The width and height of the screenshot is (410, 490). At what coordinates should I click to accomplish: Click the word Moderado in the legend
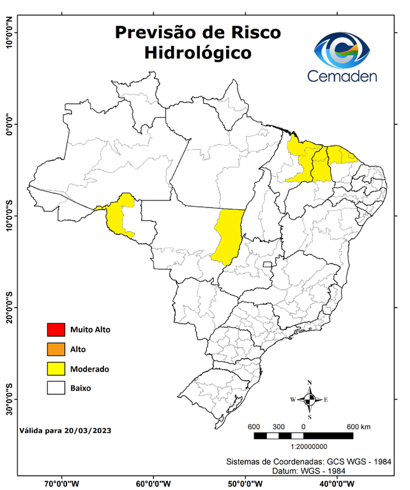[x=89, y=369]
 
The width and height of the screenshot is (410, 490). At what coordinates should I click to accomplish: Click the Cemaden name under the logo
[x=342, y=76]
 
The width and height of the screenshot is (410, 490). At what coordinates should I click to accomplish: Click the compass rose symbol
[x=310, y=399]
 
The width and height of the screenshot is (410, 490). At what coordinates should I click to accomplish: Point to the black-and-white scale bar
[x=303, y=436]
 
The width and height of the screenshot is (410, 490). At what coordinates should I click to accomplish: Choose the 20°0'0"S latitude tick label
[x=9, y=308]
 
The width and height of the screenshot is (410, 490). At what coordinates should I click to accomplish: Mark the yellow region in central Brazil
[x=228, y=236]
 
